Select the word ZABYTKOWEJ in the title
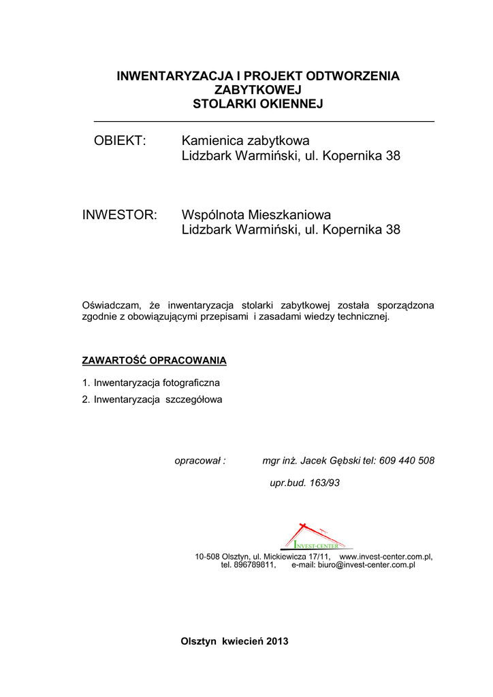pos(257,90)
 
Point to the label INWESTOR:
pos(120,215)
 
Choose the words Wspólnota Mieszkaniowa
pos(256,215)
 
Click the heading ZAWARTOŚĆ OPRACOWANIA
pos(154,359)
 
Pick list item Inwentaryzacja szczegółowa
pos(158,400)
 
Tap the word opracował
pos(197,461)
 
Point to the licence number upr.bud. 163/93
pos(305,483)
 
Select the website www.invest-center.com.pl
pos(385,557)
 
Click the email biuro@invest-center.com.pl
pos(366,565)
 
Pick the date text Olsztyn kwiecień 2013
pos(234,642)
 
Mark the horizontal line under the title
pos(264,121)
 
